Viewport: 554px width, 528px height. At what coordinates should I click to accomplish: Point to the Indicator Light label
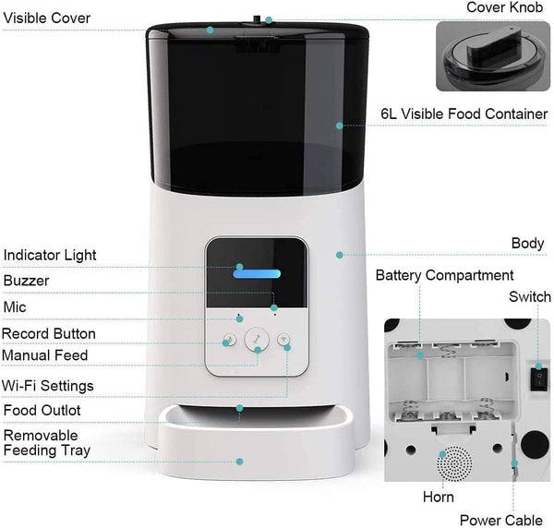49,255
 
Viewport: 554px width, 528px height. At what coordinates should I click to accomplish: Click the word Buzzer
26,280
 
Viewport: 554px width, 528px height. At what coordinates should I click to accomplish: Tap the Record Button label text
48,333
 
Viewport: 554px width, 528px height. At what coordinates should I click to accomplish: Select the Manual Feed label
45,355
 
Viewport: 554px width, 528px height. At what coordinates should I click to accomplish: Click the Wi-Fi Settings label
47,385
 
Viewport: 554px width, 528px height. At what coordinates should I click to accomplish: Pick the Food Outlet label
42,411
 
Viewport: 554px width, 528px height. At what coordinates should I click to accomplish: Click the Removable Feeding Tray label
46,442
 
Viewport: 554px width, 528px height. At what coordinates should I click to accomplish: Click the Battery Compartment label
444,275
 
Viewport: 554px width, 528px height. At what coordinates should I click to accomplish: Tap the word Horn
438,498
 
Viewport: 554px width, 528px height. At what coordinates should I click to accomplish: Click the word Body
527,244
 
